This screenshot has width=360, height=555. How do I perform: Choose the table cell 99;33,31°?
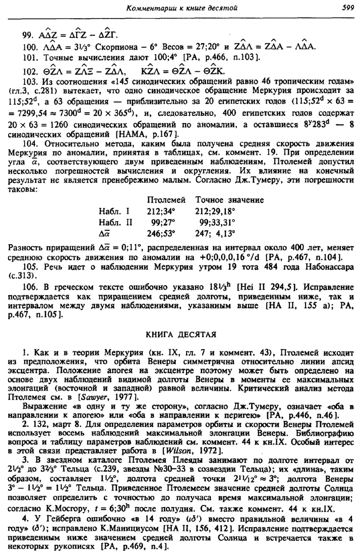pos(222,223)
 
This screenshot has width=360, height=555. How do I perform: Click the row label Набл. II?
pos(117,223)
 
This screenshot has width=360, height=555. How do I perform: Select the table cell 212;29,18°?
pos(222,211)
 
